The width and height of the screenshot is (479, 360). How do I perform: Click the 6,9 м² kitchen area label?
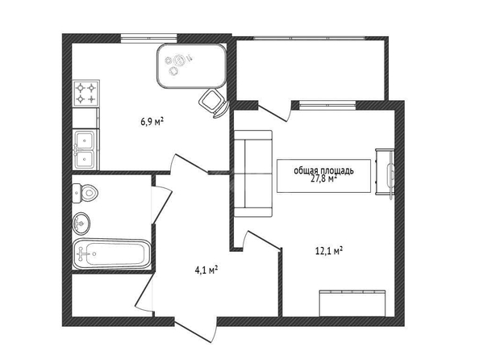click(x=152, y=122)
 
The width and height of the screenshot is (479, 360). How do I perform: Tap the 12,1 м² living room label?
click(x=328, y=251)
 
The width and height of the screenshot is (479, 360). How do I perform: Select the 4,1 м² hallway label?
click(x=206, y=270)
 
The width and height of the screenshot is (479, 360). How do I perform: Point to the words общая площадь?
click(x=323, y=170)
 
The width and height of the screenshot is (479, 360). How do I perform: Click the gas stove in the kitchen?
click(x=86, y=94)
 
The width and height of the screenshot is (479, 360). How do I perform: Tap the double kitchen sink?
click(x=85, y=149)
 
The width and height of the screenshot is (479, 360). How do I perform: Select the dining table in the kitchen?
click(x=192, y=66)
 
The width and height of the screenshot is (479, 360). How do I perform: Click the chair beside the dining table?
click(x=214, y=103)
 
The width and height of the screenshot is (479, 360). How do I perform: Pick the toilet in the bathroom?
click(x=85, y=193)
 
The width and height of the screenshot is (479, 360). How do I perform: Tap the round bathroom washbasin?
click(x=81, y=223)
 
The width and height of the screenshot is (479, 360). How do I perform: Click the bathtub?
click(x=111, y=253)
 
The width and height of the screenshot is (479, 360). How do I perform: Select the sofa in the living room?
click(x=253, y=174)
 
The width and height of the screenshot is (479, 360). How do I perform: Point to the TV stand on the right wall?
click(x=385, y=172)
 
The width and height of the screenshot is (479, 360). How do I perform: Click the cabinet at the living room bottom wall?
click(x=352, y=303)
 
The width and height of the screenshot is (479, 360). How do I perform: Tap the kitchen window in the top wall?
click(x=148, y=38)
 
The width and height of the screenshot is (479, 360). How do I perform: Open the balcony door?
click(x=273, y=112)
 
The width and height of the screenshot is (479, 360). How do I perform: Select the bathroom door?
click(x=162, y=204)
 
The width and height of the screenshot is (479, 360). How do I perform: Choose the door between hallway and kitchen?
click(x=189, y=165)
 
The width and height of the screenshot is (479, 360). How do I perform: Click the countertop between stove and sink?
click(x=85, y=118)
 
